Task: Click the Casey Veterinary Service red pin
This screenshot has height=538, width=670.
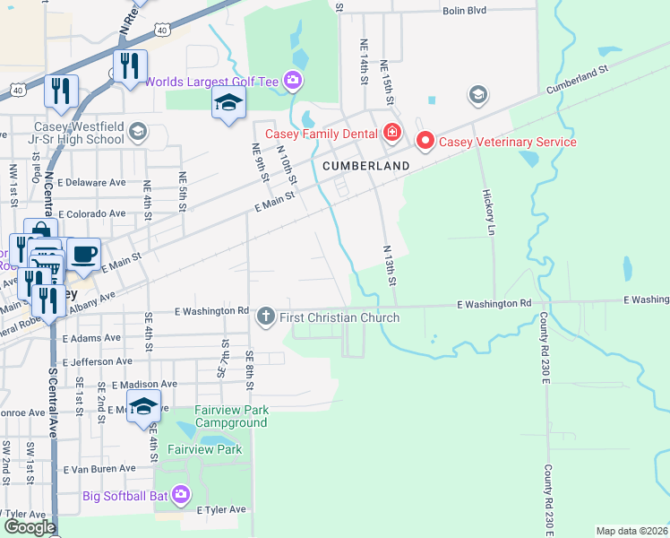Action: [x=425, y=141]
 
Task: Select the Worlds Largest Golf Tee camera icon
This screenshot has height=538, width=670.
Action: [x=293, y=82]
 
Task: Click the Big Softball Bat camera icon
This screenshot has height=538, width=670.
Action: [x=181, y=494]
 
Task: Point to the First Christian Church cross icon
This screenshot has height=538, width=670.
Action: [x=265, y=317]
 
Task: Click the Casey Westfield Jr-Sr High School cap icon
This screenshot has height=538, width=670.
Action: [x=137, y=133]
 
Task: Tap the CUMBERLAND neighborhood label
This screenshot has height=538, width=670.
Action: [x=366, y=166]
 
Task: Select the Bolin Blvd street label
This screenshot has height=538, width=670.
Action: [x=464, y=11]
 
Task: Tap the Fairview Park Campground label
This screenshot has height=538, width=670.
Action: [x=219, y=416]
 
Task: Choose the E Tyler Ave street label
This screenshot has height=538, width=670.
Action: [x=221, y=509]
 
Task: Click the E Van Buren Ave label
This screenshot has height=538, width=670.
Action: [x=99, y=468]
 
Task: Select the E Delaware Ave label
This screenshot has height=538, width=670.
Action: [x=91, y=182]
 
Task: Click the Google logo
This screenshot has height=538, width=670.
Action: [x=30, y=527]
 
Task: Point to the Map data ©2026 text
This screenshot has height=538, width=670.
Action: [x=631, y=531]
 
